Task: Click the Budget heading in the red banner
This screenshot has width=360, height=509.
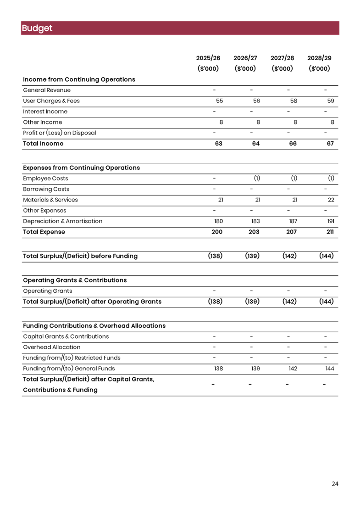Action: coord(37,28)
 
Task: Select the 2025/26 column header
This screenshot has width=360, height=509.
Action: coord(208,58)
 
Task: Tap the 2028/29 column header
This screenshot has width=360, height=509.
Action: coord(319,58)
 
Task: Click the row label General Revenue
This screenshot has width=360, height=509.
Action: coord(46,90)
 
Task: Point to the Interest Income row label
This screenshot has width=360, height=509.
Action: coord(45,112)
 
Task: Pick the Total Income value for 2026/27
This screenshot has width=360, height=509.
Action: coord(256,144)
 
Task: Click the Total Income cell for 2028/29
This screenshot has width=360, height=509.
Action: coord(330,144)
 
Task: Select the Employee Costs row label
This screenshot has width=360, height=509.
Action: coord(45,179)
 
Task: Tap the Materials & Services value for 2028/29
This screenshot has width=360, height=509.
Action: coord(331,200)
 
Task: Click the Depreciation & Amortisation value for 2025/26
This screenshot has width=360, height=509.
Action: coord(218,221)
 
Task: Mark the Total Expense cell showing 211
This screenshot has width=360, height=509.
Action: coord(330,232)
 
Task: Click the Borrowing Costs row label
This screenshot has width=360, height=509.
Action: coord(46,189)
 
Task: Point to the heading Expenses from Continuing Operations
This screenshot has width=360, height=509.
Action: coord(81,168)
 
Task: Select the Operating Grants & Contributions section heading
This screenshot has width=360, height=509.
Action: coord(74,280)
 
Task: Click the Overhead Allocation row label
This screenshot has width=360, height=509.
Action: coord(51,347)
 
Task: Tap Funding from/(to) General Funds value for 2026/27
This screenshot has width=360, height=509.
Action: coord(255,369)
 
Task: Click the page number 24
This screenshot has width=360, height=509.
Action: coord(335,484)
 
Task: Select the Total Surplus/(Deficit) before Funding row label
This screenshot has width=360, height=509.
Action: coord(80,256)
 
